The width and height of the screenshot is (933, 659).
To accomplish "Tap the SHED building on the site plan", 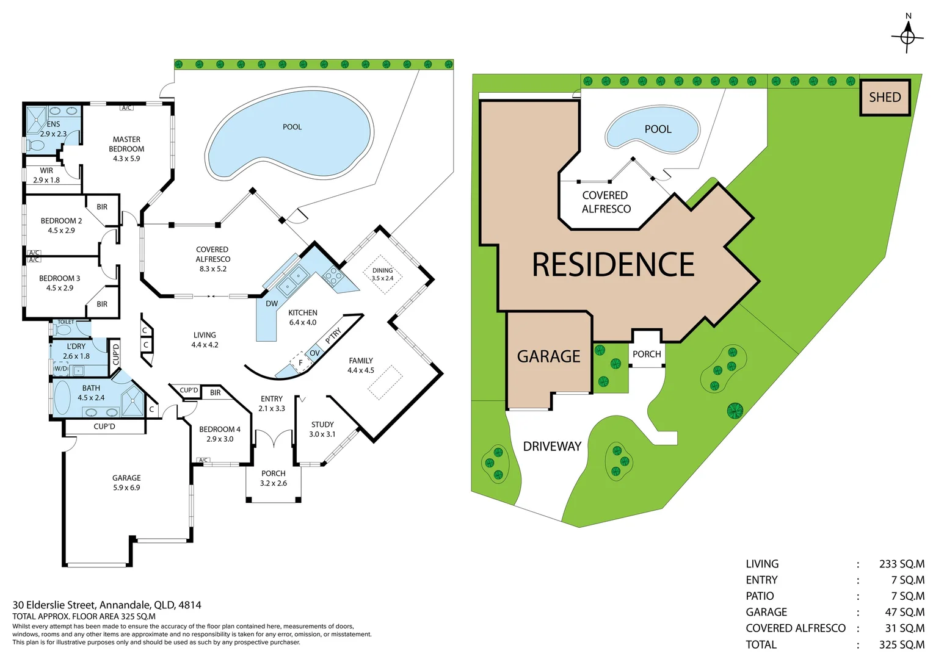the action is point(885,97).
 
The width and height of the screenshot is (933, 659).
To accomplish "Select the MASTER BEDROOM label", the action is point(126,144).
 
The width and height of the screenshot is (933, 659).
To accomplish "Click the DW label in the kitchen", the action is point(272,303).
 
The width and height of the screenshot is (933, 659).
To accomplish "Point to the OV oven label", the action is point(315,353).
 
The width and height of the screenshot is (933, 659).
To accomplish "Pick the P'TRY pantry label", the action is point(333,336).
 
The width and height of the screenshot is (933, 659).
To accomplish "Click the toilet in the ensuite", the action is point(35,145).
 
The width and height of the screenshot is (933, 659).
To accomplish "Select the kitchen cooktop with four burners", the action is point(333,275).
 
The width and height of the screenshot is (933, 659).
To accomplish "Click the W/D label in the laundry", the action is point(61,369).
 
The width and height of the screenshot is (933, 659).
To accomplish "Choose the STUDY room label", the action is point(322,424).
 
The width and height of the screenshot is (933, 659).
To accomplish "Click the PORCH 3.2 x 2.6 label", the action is point(273,478).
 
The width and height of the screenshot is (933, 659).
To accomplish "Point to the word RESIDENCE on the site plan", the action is point(613,264).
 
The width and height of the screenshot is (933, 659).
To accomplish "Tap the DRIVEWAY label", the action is point(552,446).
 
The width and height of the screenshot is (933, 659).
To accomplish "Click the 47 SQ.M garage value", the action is point(905,612).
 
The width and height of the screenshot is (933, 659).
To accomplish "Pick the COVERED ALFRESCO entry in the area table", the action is point(796,628).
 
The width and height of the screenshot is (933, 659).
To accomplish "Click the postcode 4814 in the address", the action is point(190,605).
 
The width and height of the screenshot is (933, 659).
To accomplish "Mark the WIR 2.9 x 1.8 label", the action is point(46,175).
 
